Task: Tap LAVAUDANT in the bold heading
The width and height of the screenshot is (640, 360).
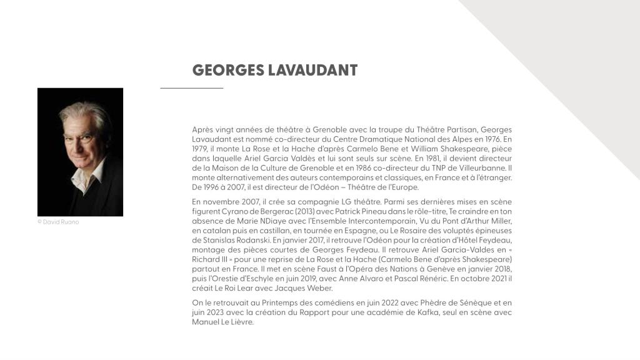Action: coord(312,70)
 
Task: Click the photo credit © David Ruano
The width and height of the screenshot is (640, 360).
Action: coord(59,222)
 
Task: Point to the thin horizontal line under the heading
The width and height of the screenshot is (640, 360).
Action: coord(191,88)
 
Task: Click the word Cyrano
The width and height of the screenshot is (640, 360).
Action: coord(230,211)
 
